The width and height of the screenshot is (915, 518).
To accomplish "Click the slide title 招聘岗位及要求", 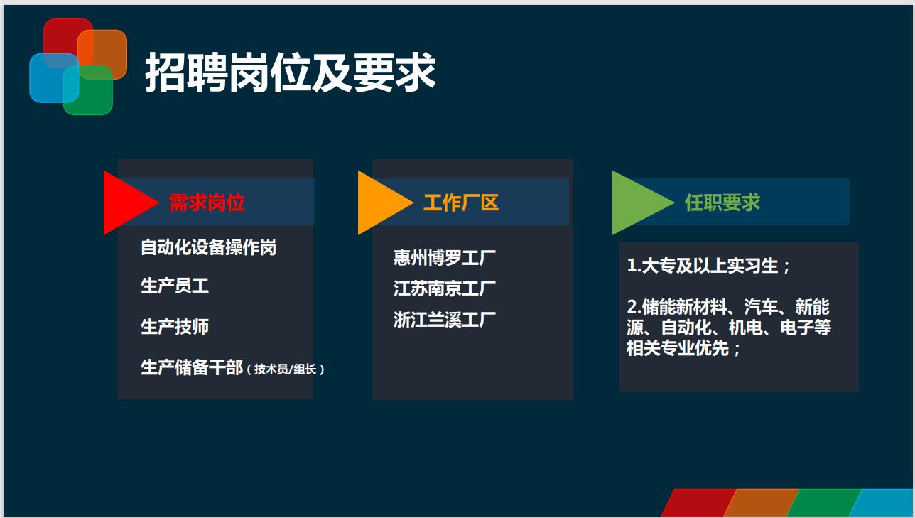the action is click(291, 72).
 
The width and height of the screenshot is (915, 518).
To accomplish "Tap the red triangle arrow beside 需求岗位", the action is click(126, 203).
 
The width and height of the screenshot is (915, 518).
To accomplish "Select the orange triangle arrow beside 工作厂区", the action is click(381, 203).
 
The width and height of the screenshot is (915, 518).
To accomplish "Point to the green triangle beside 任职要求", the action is click(639, 203).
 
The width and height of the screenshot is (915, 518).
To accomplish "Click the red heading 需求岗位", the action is click(207, 203).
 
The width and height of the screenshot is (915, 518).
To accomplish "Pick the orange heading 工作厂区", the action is click(461, 203).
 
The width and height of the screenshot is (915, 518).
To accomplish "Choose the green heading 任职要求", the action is click(722, 203).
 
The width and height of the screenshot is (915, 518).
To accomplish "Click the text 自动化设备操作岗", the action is click(208, 247).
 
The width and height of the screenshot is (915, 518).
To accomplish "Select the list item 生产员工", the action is click(175, 286).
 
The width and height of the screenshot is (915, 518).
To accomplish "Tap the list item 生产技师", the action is click(175, 327).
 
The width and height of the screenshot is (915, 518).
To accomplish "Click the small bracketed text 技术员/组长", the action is click(286, 369).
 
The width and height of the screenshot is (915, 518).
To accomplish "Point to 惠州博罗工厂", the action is click(445, 258).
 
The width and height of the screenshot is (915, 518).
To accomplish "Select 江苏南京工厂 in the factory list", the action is click(445, 288).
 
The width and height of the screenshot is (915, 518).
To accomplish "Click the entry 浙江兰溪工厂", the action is click(445, 320).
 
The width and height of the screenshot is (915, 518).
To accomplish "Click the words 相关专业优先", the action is click(678, 348).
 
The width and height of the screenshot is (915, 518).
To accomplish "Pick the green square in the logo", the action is click(88, 90).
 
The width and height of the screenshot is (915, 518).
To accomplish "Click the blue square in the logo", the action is click(54, 77).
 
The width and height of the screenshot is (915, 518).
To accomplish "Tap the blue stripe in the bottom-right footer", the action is click(882, 502).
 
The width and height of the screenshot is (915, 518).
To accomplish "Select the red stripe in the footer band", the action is click(698, 502).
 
